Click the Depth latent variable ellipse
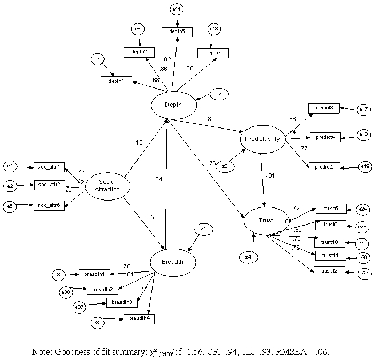[x=173, y=105]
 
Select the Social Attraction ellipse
[x=107, y=186]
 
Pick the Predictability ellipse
[x=262, y=139]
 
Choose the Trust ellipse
[x=266, y=220]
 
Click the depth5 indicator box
[x=177, y=33]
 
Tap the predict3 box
[x=324, y=108]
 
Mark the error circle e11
[x=177, y=10]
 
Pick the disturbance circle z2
[x=219, y=94]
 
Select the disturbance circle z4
[x=249, y=257]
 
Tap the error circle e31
[x=364, y=274]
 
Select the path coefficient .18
[x=138, y=143]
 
